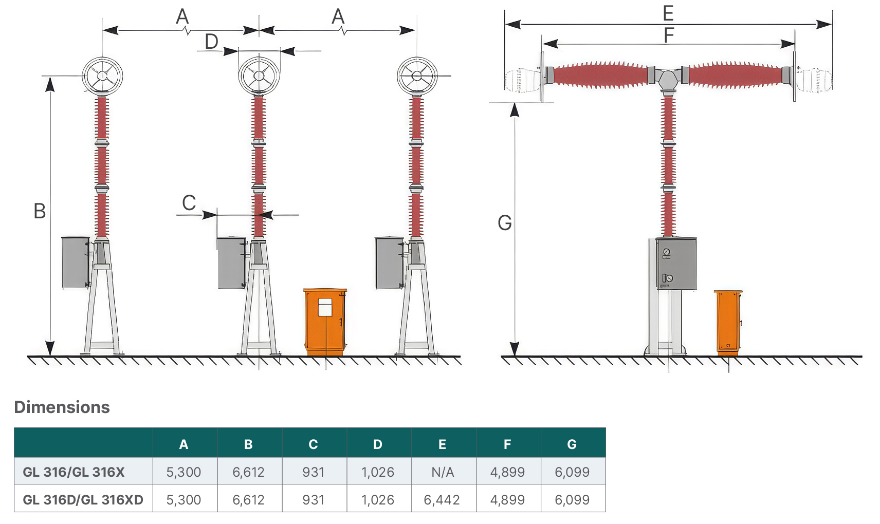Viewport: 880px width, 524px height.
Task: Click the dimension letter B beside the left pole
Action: (40, 211)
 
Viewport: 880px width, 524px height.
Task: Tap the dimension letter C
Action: (189, 203)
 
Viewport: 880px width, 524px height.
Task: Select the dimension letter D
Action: (212, 42)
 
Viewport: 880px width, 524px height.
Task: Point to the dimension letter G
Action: (505, 223)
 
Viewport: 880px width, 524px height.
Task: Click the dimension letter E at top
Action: (668, 13)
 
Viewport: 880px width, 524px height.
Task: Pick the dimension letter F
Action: (669, 35)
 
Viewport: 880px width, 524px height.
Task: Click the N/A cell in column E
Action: (443, 472)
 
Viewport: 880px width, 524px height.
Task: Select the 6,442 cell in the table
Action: (442, 500)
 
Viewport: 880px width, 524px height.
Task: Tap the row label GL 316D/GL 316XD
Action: (83, 500)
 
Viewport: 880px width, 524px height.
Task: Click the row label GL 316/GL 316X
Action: (74, 472)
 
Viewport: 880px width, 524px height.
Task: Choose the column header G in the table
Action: (572, 444)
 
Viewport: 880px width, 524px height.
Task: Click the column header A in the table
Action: (184, 444)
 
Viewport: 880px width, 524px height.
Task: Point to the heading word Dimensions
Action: (62, 407)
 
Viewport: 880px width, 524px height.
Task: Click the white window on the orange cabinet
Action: (325, 307)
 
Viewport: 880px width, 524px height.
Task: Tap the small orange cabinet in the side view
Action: (728, 323)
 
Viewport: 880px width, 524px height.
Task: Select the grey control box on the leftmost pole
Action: (76, 262)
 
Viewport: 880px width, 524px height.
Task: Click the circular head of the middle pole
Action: (259, 76)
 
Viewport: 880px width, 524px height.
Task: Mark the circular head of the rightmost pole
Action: (417, 76)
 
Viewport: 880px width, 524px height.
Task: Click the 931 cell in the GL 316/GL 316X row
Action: (314, 472)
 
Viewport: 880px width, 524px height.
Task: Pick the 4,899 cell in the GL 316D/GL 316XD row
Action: (507, 500)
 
